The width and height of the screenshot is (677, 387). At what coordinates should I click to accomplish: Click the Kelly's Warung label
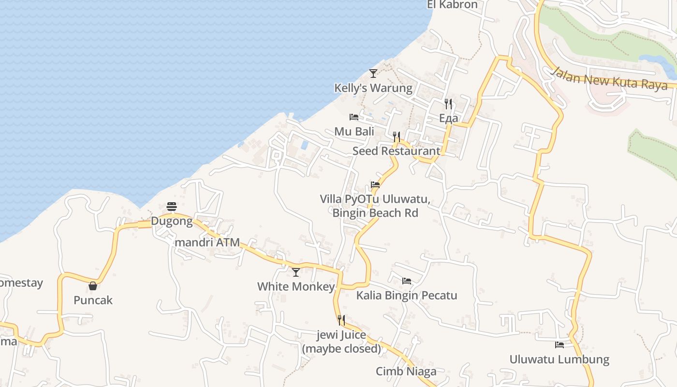point(373,88)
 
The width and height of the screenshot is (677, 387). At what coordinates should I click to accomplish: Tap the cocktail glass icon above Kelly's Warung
point(373,74)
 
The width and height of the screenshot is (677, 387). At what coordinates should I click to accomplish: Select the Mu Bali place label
point(354,132)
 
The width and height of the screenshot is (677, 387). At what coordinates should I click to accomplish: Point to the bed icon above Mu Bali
point(354,117)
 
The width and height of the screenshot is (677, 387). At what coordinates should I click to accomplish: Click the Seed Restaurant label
point(397,151)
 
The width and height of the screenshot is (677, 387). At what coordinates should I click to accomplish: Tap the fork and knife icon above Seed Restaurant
point(397,136)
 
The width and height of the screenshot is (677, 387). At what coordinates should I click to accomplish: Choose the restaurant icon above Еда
point(448,104)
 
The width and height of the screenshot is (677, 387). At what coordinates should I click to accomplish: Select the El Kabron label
point(452,5)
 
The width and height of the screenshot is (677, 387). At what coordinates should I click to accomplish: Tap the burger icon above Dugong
point(171,207)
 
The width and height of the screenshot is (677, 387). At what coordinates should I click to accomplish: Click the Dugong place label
point(172,222)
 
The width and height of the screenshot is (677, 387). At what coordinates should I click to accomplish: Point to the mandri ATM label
point(209,242)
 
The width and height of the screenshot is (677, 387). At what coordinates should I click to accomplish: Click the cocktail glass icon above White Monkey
point(296,272)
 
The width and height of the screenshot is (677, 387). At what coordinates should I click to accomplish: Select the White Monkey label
point(296,287)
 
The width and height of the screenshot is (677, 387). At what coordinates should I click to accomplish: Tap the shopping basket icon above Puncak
point(93,286)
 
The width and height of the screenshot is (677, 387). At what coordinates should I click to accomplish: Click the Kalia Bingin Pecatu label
point(407,296)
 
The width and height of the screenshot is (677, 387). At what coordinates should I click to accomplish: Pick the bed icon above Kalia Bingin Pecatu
point(407,281)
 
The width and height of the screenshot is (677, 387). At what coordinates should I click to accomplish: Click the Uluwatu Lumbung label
point(559,359)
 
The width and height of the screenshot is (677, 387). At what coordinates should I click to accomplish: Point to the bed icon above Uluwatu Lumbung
point(559,345)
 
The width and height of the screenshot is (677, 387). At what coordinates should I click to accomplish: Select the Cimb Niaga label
point(406,372)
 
